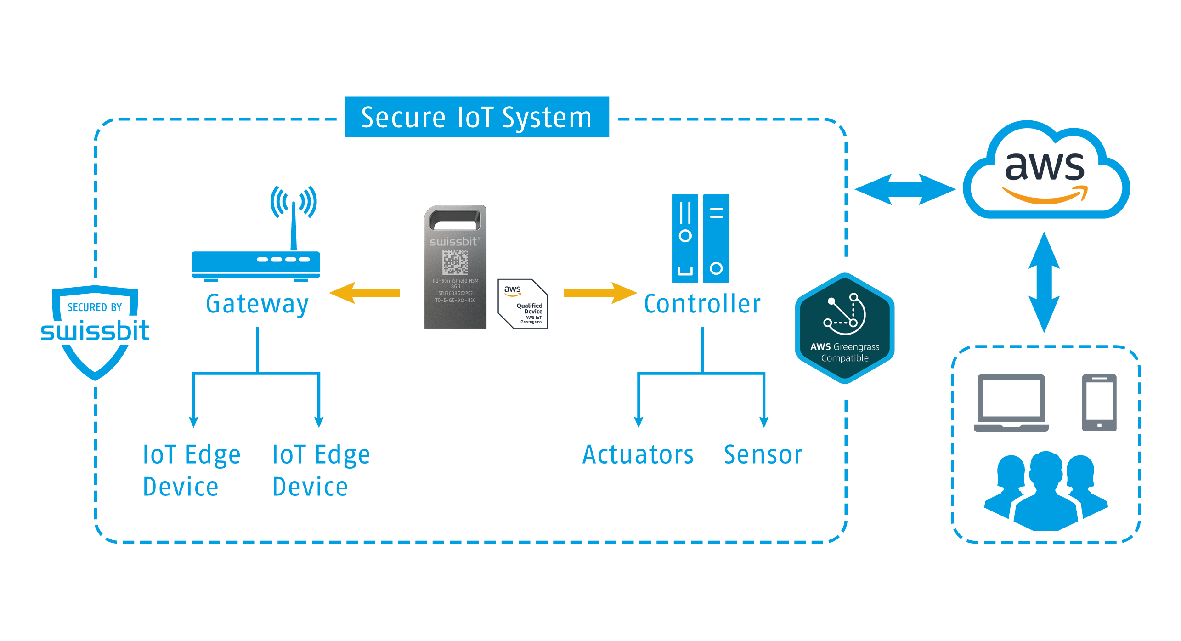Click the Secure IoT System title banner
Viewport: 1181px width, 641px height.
pyautogui.click(x=477, y=117)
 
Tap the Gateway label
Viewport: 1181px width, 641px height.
pyautogui.click(x=257, y=304)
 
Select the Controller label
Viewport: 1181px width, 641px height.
pyautogui.click(x=702, y=304)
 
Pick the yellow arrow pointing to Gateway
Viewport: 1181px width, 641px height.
pyautogui.click(x=365, y=293)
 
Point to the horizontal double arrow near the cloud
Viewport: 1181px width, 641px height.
pyautogui.click(x=905, y=189)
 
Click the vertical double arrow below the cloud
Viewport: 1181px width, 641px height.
pyautogui.click(x=1044, y=282)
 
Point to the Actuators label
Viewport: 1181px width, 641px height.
pyautogui.click(x=638, y=455)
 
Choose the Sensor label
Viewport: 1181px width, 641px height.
pyautogui.click(x=763, y=455)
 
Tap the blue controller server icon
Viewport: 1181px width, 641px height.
pyautogui.click(x=701, y=238)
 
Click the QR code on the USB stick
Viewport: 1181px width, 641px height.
pyautogui.click(x=455, y=262)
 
